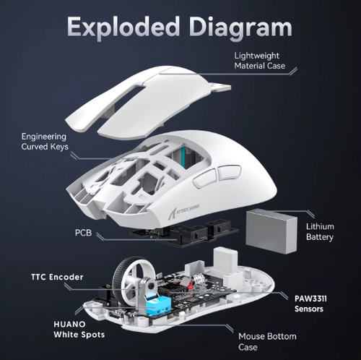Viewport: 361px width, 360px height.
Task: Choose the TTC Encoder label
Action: click(57, 277)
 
